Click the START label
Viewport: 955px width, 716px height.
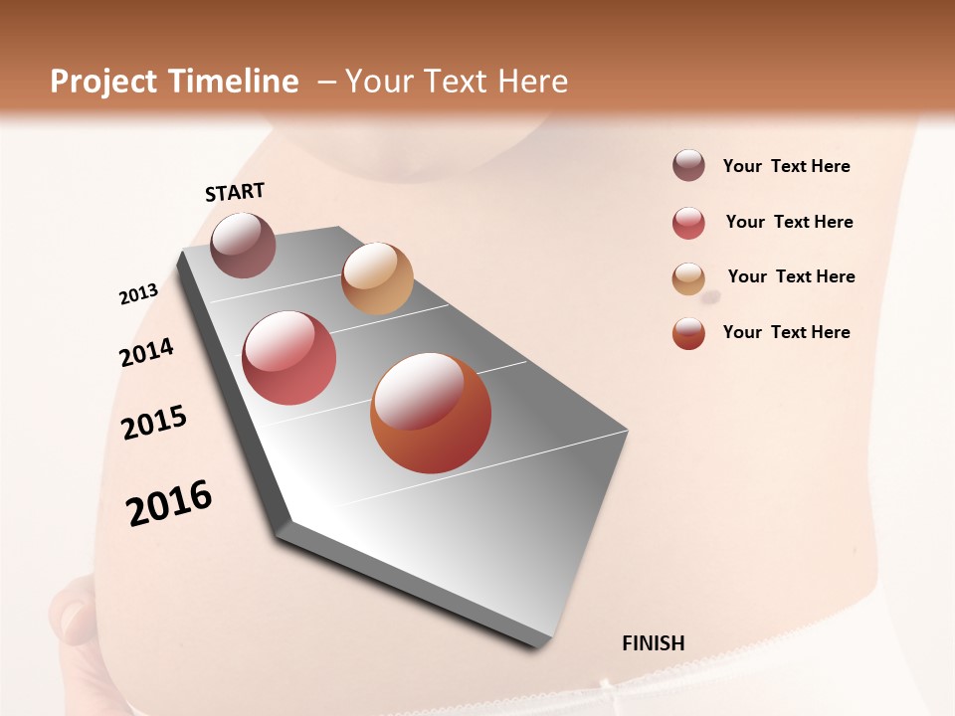pos(235,192)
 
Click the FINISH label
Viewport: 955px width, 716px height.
pos(654,643)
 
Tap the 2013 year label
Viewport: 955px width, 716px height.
pos(138,293)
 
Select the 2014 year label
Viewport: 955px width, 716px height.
pos(146,353)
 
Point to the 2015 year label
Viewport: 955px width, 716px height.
pos(154,423)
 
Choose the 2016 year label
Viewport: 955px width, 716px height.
pos(169,503)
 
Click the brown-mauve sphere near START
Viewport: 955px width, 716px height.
pos(243,245)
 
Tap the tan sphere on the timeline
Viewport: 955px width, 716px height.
pos(377,278)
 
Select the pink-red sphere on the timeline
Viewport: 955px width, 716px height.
pos(289,358)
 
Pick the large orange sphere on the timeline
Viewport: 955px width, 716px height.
pos(431,413)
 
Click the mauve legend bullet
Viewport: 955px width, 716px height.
pos(688,165)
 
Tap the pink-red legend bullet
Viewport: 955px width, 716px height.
pos(688,223)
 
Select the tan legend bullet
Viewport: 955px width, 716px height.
pos(688,278)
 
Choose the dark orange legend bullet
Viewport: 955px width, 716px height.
pos(688,333)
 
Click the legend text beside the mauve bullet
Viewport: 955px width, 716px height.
pos(786,166)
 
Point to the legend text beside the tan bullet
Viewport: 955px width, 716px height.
pos(791,276)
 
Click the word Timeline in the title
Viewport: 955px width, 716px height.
pos(234,82)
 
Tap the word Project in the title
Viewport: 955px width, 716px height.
pos(104,82)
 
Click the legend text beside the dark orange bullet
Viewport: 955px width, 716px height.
pos(786,332)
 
